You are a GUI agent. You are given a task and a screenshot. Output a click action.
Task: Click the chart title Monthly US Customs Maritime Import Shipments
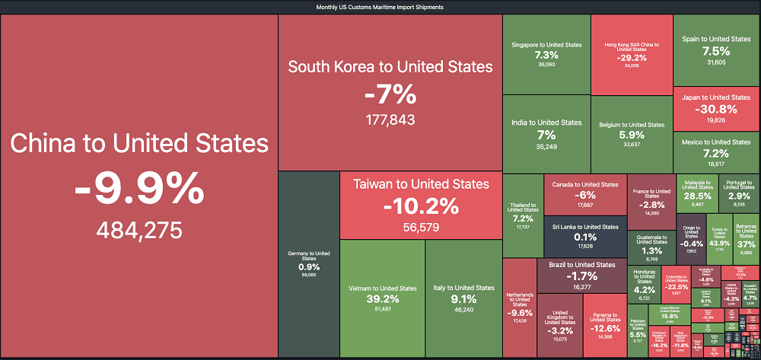[x=380, y=7]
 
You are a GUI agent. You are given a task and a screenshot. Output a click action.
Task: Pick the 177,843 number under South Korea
[x=390, y=120]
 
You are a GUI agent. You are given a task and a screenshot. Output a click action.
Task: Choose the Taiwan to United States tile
[x=421, y=204]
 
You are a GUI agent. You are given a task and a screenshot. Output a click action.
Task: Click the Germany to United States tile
[x=308, y=263]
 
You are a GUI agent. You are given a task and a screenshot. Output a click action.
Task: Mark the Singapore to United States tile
[x=546, y=54]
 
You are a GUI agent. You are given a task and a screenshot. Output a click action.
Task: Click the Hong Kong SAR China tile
[x=631, y=54]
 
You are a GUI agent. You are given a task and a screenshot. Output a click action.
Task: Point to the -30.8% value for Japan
[x=716, y=109]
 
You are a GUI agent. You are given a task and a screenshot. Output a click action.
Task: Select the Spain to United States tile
[x=716, y=50]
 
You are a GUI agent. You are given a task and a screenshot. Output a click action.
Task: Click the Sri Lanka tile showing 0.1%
[x=584, y=236]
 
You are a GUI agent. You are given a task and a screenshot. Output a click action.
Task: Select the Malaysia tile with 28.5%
[x=696, y=193]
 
